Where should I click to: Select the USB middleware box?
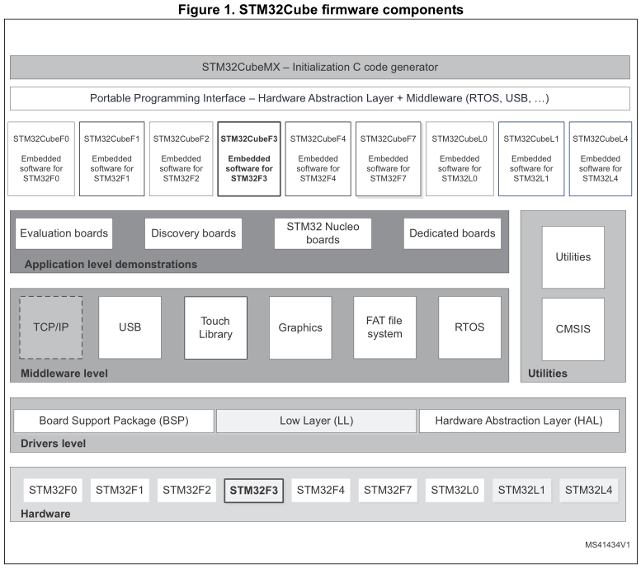130,327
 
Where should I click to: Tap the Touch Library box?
215,327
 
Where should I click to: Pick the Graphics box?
300,327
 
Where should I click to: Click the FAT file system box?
384,327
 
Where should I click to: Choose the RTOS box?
469,327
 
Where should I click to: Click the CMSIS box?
573,328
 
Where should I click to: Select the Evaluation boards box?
64,233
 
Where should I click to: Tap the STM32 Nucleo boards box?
323,233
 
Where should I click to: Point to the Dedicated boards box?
452,233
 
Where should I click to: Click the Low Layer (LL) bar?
316,421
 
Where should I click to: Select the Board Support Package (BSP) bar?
114,421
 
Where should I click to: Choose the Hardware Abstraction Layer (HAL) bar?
519,421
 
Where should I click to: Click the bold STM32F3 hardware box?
253,490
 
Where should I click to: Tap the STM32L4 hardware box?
588,490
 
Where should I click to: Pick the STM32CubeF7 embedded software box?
389,159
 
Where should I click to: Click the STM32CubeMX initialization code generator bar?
320,67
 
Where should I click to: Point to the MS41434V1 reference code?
607,546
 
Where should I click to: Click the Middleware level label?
64,374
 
